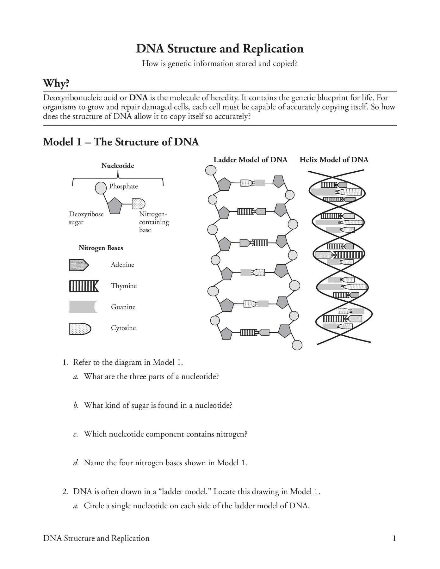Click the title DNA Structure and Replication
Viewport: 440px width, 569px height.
pos(220,49)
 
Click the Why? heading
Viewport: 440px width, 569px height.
pos(56,83)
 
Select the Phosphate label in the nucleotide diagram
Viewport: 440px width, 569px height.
pos(123,186)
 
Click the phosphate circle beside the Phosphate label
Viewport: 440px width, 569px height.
pos(101,188)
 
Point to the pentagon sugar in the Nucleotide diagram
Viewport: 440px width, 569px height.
pos(115,206)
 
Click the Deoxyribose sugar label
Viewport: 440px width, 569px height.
pos(86,218)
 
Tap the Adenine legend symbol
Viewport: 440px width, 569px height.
pos(79,265)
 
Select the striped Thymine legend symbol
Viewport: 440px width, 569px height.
pos(84,286)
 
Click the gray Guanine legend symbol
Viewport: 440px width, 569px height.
pos(83,307)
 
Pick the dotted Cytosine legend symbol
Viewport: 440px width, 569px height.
pos(80,328)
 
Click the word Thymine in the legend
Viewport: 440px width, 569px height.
pos(124,286)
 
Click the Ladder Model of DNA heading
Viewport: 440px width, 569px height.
pos(250,160)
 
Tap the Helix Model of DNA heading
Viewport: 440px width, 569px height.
pos(334,160)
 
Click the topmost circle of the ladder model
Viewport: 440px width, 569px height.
pos(211,170)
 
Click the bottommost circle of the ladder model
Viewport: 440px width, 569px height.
pos(297,345)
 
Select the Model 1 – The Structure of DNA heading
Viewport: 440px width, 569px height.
pos(121,142)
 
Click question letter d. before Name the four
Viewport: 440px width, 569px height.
pos(76,463)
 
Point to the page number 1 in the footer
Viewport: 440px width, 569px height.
pos(394,538)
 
